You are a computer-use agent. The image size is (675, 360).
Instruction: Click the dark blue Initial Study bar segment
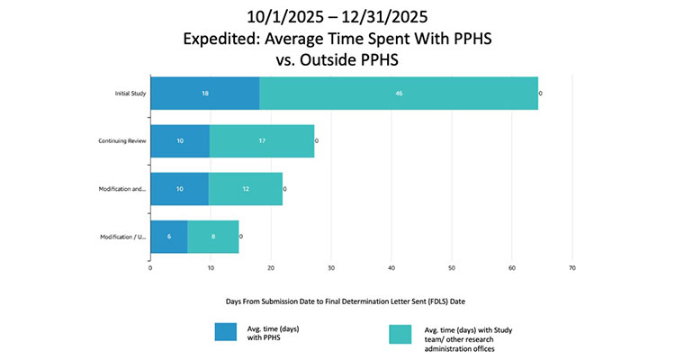coord(204,94)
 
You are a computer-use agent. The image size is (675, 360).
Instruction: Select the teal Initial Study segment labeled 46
coord(399,94)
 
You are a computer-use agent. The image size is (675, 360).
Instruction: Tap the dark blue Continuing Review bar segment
coord(180,141)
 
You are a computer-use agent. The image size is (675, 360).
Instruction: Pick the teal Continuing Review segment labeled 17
coord(262,141)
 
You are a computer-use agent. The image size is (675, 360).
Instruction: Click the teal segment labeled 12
coord(246,189)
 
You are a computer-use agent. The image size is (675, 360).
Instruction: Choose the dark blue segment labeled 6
coord(169,237)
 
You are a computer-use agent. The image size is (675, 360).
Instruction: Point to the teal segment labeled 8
coord(213,237)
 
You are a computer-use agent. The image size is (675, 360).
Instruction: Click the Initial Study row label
coord(123,94)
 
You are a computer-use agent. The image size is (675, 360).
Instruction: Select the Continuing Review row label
coord(117,141)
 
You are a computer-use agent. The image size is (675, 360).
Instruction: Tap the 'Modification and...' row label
coord(117,189)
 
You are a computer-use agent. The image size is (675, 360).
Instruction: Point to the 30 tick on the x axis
coord(331,267)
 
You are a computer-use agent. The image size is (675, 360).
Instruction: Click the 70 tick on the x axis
coord(572,267)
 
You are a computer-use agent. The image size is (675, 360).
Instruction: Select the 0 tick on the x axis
coord(150,267)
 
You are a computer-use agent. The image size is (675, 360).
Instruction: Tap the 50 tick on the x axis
coord(452,267)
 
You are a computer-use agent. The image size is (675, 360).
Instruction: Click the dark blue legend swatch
coord(226,333)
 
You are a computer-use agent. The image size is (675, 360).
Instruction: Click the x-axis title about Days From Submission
coord(337,300)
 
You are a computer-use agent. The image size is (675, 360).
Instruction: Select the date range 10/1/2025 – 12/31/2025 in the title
coord(337,17)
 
